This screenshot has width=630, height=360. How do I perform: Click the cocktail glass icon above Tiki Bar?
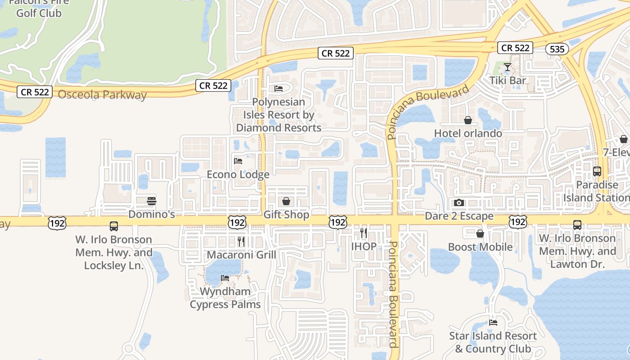[x=508, y=67]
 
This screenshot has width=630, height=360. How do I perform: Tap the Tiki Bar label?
[x=508, y=81]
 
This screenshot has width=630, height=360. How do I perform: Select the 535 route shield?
[x=557, y=49]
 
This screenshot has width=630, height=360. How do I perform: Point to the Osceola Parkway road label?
[x=103, y=95]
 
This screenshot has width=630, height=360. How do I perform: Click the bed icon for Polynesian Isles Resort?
[x=279, y=89]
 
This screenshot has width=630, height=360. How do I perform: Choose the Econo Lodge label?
[x=238, y=174]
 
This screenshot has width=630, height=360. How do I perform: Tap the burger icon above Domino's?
[x=152, y=201]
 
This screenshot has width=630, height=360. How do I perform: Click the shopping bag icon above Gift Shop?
[x=286, y=201]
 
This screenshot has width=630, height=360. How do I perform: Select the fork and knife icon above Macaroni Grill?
[x=241, y=242]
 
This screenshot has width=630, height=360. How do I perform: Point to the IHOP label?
[x=364, y=247]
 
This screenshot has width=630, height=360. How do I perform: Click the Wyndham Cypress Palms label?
[x=225, y=298]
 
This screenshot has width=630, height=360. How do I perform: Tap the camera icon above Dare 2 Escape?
[x=459, y=203]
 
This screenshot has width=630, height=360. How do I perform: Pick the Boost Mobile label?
[x=480, y=247]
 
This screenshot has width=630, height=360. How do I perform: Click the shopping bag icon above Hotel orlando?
[x=468, y=120]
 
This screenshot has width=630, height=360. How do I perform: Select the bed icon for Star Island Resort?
[x=493, y=323]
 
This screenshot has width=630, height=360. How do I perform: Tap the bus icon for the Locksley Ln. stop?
[x=114, y=226]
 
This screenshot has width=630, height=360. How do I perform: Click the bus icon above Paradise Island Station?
[x=597, y=171]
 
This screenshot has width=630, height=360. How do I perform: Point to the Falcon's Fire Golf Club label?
[x=39, y=8]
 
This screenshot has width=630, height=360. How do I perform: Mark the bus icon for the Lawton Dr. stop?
[x=577, y=225]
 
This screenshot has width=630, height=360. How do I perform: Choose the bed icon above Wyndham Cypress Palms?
[x=225, y=278]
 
